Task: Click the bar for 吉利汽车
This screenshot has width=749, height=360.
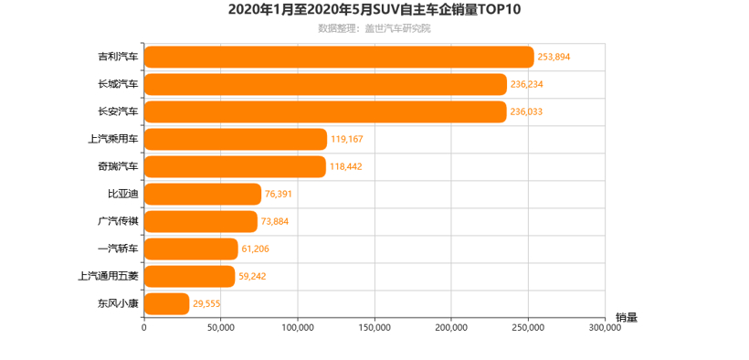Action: (339, 57)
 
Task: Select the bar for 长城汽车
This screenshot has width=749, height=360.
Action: (325, 84)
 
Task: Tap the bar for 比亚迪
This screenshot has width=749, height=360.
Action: (203, 194)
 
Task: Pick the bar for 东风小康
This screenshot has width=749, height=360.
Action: (167, 303)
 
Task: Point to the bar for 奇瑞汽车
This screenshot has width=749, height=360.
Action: (235, 166)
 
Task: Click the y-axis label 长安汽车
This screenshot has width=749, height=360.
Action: (119, 111)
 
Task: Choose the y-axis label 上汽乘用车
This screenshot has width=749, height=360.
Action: (113, 139)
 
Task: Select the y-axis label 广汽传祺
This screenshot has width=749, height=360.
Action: (119, 221)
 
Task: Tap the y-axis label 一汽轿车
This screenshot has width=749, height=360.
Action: (119, 249)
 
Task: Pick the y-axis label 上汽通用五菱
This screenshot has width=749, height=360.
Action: (109, 276)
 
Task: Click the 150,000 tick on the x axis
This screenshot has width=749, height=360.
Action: (374, 327)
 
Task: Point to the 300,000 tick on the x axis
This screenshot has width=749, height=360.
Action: (604, 327)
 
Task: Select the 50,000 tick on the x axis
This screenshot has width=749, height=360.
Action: (221, 327)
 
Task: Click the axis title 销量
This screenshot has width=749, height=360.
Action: (626, 317)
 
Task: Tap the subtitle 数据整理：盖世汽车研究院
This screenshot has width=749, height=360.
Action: (374, 28)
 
